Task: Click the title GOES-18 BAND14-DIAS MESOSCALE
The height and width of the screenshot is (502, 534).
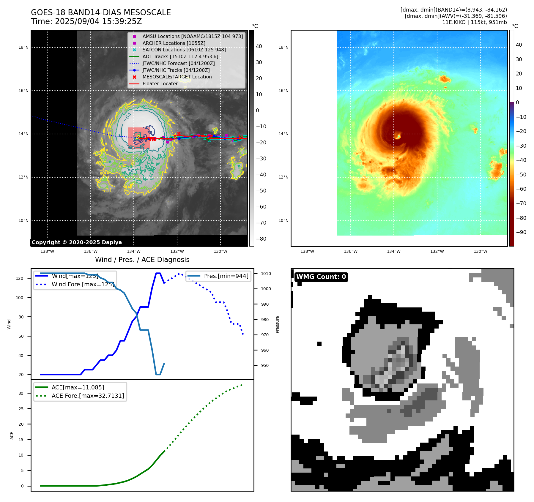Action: click(101, 12)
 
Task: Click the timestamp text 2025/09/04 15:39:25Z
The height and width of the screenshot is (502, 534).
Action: click(98, 22)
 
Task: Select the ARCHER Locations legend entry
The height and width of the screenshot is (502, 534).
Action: click(174, 43)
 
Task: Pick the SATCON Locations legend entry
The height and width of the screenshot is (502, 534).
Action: click(184, 50)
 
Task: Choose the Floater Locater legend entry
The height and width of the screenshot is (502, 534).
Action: click(160, 84)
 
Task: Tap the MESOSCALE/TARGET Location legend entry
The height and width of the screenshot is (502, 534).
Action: click(177, 77)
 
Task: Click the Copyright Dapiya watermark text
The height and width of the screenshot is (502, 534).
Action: click(77, 242)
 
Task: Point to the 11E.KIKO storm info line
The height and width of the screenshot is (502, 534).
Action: click(474, 22)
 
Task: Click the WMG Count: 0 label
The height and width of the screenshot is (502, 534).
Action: click(321, 277)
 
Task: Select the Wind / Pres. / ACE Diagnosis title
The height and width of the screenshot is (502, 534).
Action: click(142, 260)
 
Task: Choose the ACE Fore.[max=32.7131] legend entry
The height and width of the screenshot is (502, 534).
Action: click(88, 396)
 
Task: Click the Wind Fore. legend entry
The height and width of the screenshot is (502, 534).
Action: click(83, 284)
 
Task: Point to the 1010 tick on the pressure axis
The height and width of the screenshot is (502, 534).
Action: click(266, 274)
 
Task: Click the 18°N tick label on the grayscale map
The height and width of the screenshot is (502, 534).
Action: click(23, 48)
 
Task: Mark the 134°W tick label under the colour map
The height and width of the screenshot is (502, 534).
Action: click(394, 251)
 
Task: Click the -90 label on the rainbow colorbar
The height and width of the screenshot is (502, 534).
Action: click(521, 232)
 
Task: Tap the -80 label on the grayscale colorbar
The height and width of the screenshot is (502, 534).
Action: click(261, 239)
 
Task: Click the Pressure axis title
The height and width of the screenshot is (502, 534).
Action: click(278, 324)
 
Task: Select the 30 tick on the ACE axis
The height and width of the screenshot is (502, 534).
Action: click(21, 393)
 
